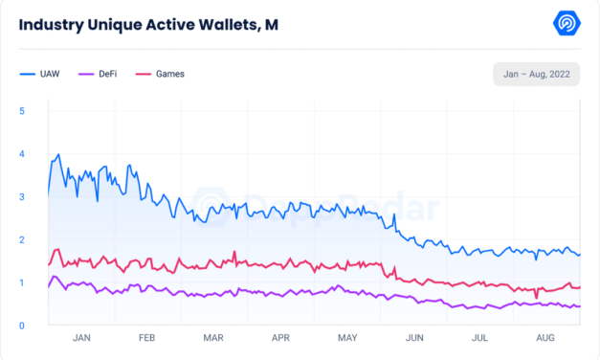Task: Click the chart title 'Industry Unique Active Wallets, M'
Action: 148,24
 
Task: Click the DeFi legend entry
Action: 103,73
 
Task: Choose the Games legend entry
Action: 162,73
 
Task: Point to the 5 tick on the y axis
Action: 22,111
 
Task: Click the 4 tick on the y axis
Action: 22,154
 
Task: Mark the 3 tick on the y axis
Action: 22,197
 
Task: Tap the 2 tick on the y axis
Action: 22,240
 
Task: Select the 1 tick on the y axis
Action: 22,283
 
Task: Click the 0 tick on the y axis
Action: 22,326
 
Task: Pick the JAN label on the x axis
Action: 81,338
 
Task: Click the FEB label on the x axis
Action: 147,338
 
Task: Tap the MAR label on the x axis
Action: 214,338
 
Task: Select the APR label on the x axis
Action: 280,338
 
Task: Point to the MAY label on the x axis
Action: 348,338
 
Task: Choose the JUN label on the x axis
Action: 415,338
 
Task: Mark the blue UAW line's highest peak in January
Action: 59,154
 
